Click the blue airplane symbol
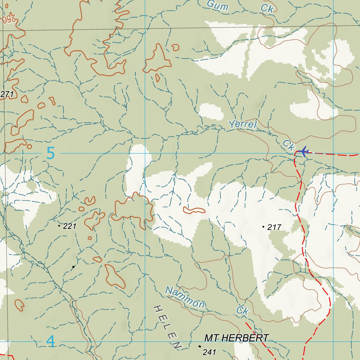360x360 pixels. click(303, 152)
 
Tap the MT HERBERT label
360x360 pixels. click(237, 338)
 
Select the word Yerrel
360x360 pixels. click(243, 124)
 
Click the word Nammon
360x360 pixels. click(185, 297)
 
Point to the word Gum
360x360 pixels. click(218, 5)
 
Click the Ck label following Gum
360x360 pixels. click(267, 9)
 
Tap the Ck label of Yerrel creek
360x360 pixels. click(288, 146)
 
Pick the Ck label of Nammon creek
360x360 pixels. click(243, 310)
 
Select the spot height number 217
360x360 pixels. click(275, 227)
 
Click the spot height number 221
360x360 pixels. click(70, 226)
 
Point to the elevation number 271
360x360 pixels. click(7, 94)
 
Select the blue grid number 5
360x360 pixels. click(51, 154)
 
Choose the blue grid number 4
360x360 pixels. click(51, 342)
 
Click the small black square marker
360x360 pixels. click(73, 267)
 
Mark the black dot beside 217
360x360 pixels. click(263, 227)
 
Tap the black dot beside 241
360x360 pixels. click(200, 346)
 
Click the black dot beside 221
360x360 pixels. click(59, 225)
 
